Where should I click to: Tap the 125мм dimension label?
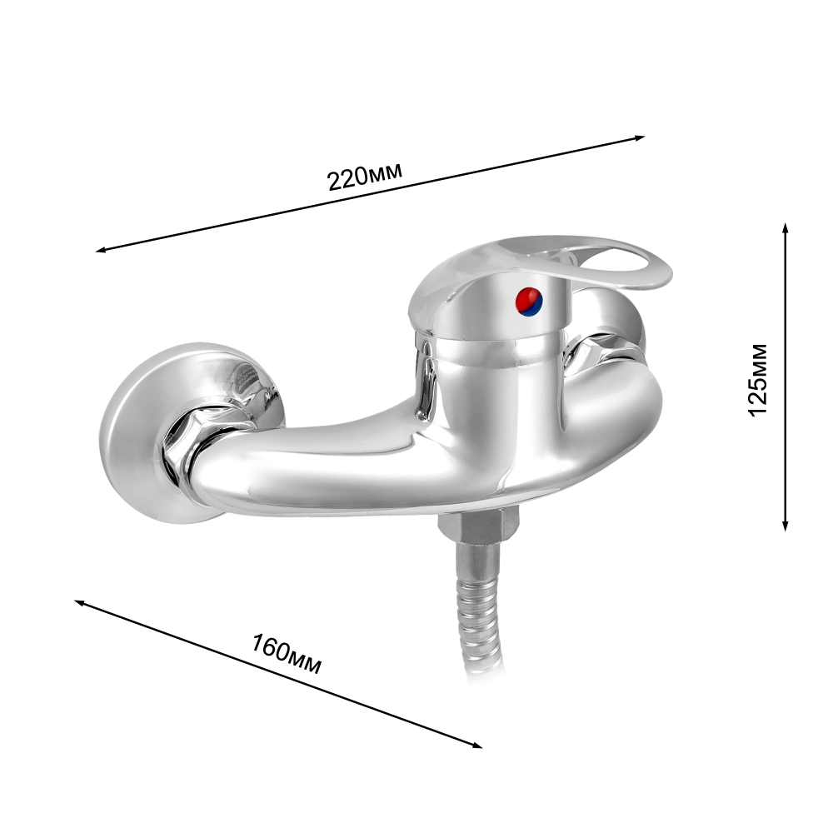(x=758, y=381)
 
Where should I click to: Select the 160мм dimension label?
(x=287, y=653)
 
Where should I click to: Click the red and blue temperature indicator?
(x=529, y=302)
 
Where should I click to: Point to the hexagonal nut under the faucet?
(x=478, y=525)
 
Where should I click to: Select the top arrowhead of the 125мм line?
(x=786, y=228)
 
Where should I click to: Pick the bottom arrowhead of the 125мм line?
(x=786, y=525)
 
